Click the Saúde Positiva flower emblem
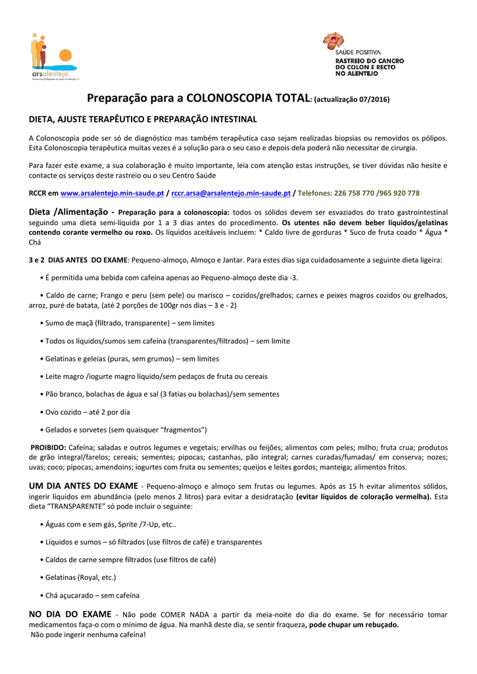point(333,41)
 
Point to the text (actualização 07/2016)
point(352,100)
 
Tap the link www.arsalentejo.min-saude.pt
point(112,194)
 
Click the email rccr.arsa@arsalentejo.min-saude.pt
point(231,194)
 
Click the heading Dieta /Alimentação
point(72,212)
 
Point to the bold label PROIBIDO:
point(49,447)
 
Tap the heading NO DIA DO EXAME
point(70,614)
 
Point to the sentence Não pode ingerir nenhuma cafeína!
point(89,635)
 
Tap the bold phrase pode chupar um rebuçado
point(353,625)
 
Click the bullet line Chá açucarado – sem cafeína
point(92,595)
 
